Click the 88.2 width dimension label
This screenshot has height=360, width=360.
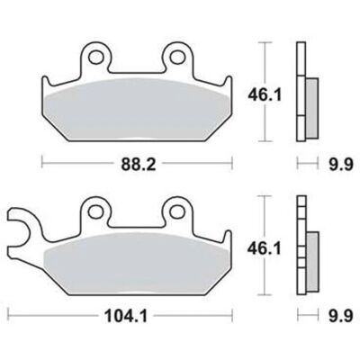tap(139, 165)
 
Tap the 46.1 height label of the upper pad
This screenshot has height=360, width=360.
tap(265, 95)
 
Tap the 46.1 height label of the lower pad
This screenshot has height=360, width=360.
tap(264, 248)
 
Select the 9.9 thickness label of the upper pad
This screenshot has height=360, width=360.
tap(340, 165)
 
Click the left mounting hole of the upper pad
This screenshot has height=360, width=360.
tap(96, 57)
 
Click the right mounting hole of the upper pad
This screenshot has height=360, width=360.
tap(176, 57)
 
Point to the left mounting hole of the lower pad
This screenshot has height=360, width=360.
tap(95, 211)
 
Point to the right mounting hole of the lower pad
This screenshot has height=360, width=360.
tap(176, 211)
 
